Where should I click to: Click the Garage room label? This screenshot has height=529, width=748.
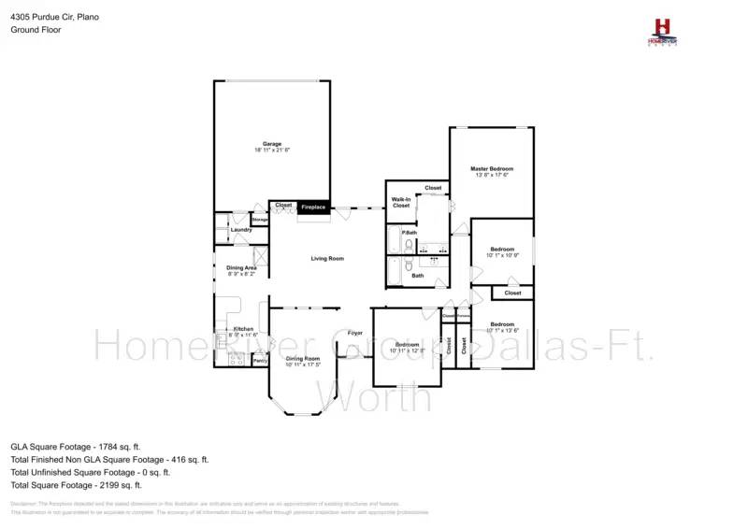point(272,144)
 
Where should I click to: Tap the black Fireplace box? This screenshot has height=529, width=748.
point(313,207)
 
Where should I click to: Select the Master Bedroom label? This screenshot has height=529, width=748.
point(492,168)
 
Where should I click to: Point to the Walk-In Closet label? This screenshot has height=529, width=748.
point(401,202)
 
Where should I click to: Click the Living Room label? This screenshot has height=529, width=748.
point(327,258)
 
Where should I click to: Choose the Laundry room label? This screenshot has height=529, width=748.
point(240,230)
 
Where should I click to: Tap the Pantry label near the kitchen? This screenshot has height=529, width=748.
point(260,360)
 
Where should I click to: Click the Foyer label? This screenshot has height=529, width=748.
point(355,333)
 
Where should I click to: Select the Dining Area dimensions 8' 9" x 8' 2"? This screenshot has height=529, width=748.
point(241,275)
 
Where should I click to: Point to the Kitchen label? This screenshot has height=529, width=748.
point(243,329)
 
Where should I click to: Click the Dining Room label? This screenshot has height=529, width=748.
point(303,359)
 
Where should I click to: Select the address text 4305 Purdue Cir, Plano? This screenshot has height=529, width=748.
point(54,17)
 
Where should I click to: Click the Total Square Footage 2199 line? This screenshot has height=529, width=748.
point(76,485)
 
